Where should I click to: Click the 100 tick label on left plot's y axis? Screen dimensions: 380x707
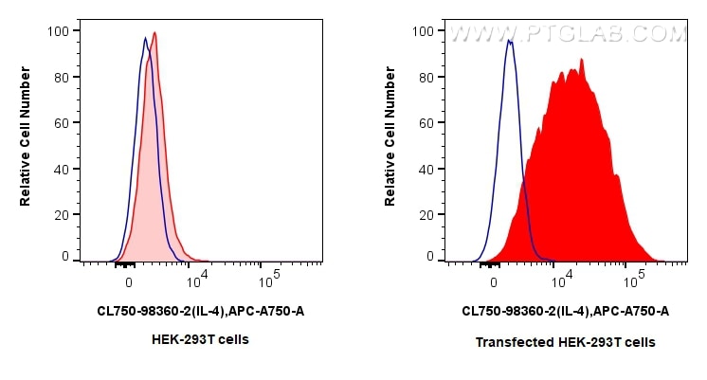pyautogui.click(x=59, y=31)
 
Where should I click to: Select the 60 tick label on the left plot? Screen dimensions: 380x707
pyautogui.click(x=62, y=122)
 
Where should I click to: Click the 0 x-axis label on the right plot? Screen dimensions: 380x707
pyautogui.click(x=493, y=280)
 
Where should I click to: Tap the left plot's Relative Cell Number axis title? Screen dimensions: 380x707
pyautogui.click(x=26, y=143)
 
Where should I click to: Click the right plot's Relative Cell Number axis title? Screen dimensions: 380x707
pyautogui.click(x=390, y=143)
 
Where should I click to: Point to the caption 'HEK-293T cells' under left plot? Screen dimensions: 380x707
pyautogui.click(x=201, y=339)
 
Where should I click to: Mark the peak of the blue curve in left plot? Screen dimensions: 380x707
pyautogui.click(x=145, y=38)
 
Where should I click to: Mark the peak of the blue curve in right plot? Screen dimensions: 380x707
pyautogui.click(x=510, y=41)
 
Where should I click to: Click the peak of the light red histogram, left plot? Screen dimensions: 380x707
pyautogui.click(x=154, y=33)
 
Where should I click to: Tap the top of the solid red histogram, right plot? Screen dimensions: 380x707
pyautogui.click(x=581, y=60)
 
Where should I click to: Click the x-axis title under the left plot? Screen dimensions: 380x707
pyautogui.click(x=201, y=311)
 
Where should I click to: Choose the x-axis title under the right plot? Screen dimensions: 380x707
pyautogui.click(x=566, y=311)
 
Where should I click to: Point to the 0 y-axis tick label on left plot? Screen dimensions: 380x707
pyautogui.click(x=65, y=257)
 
